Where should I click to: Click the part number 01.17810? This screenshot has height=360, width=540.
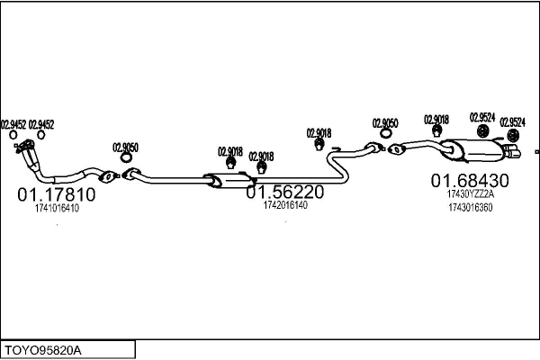pos(56,193)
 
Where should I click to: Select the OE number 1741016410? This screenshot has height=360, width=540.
pos(56,208)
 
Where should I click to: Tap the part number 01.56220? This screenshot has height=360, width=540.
pos(285,192)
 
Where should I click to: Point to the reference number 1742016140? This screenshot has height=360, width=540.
pos(285,205)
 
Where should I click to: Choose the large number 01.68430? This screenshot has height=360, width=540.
pos(470,180)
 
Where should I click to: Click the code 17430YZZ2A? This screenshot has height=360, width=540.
pos(470,193)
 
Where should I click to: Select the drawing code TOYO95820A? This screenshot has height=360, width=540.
pos(43,348)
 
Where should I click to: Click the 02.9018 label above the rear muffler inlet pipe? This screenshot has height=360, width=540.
pos(436,119)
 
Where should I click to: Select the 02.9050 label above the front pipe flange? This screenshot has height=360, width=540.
pos(125,147)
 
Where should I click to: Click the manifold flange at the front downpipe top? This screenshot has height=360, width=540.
pos(28,147)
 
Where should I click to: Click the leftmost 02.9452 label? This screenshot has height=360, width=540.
pos(13,125)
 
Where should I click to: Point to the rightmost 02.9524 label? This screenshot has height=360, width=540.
pos(513,121)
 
